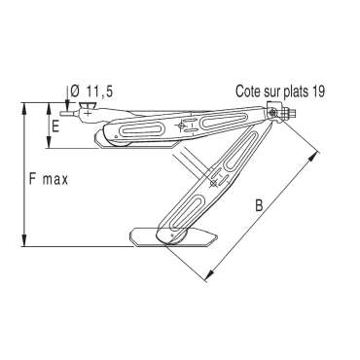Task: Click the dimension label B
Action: tap(259, 205)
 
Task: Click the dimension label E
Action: tap(55, 126)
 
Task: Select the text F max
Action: tap(49, 179)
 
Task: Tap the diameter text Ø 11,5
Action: tap(91, 91)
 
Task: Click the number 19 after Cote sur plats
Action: tap(319, 91)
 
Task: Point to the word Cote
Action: tap(248, 91)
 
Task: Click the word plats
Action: tap(297, 91)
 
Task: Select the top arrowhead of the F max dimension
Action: tap(24, 109)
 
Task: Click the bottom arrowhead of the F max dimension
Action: tap(24, 240)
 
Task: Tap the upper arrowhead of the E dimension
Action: tap(49, 109)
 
